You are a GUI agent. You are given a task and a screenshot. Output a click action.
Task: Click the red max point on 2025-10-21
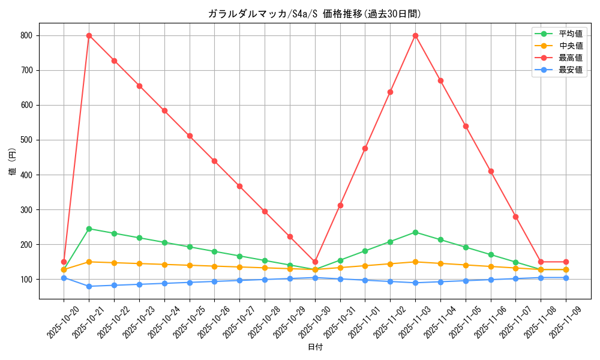[x=89, y=35]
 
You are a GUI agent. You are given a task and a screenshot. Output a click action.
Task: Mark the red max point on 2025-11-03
[x=415, y=35]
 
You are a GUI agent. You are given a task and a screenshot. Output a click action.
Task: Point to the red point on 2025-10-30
[x=315, y=262]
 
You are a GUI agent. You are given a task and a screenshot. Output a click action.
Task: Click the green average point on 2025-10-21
[x=89, y=229]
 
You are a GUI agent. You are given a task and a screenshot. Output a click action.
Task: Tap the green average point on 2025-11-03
[x=415, y=232]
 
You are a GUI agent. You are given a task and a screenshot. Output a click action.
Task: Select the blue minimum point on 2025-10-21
[x=89, y=286]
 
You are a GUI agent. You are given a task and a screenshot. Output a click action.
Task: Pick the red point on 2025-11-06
[x=491, y=171]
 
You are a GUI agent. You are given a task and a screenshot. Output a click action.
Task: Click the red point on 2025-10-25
[x=190, y=136]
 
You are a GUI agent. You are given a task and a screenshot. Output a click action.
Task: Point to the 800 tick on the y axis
[x=28, y=35]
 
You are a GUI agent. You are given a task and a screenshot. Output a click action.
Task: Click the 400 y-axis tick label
[x=28, y=175]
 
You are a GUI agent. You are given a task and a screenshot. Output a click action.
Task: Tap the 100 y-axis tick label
[x=28, y=280]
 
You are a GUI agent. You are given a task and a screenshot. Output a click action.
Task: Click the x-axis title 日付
[x=315, y=347]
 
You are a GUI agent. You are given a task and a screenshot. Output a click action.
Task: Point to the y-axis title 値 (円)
[x=13, y=161]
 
